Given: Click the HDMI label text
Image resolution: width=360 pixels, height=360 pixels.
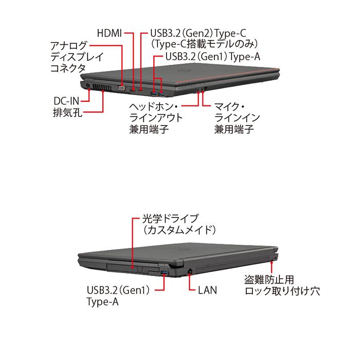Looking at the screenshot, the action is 109,33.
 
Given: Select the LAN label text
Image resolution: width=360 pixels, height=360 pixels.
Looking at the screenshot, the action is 207,290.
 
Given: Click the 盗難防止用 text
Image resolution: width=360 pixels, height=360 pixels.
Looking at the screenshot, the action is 269,280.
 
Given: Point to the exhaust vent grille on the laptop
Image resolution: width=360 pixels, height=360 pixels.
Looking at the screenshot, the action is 103,88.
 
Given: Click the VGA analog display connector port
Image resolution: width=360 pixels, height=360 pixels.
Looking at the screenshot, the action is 121,88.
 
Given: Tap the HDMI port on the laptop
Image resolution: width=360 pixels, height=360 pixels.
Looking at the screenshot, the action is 133,91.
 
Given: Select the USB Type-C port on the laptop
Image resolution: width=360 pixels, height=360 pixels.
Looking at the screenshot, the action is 141,91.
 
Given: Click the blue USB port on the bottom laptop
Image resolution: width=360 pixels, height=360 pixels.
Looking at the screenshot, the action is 165,271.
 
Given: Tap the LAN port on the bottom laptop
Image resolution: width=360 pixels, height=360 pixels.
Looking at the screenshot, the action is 190,270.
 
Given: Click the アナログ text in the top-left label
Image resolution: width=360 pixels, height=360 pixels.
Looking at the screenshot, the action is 69,44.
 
